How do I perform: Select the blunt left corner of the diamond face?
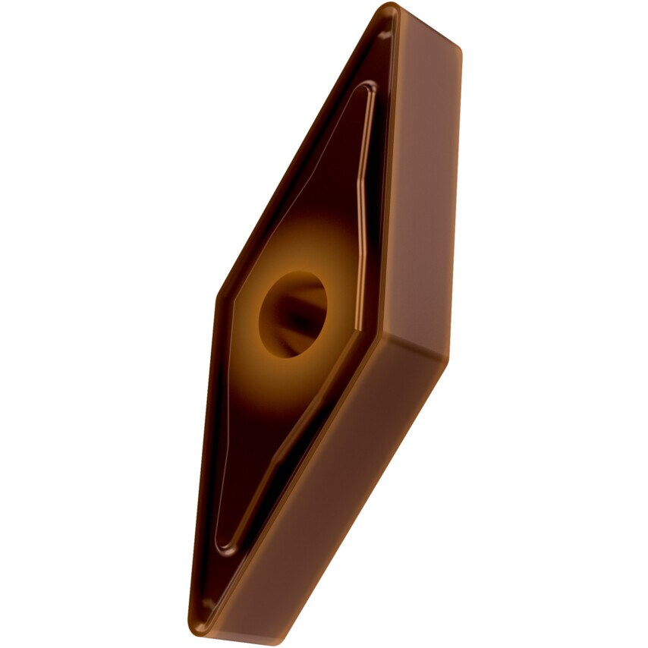pos(219,296)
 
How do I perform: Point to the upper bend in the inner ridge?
pos(363,182)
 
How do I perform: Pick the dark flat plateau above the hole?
pos(326,190)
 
